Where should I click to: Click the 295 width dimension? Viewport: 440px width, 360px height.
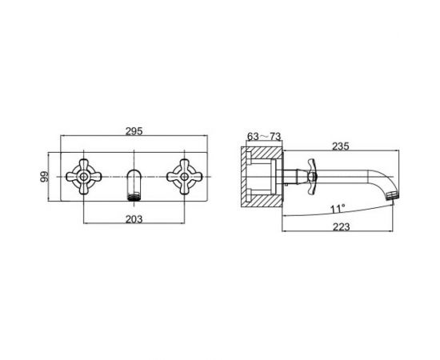click(134, 131)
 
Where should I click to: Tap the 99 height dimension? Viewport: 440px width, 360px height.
click(44, 177)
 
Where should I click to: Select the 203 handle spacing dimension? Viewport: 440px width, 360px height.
click(134, 219)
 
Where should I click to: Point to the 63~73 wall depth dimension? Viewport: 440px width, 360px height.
click(264, 136)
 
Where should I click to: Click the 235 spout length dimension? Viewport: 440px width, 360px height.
click(341, 146)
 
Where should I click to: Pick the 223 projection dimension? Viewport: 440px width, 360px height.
click(342, 226)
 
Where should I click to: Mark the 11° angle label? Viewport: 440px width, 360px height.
click(338, 209)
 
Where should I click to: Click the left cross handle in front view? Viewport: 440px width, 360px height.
click(84, 177)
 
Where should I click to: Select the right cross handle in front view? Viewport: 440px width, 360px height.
click(184, 177)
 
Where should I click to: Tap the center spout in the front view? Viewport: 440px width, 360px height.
click(134, 185)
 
